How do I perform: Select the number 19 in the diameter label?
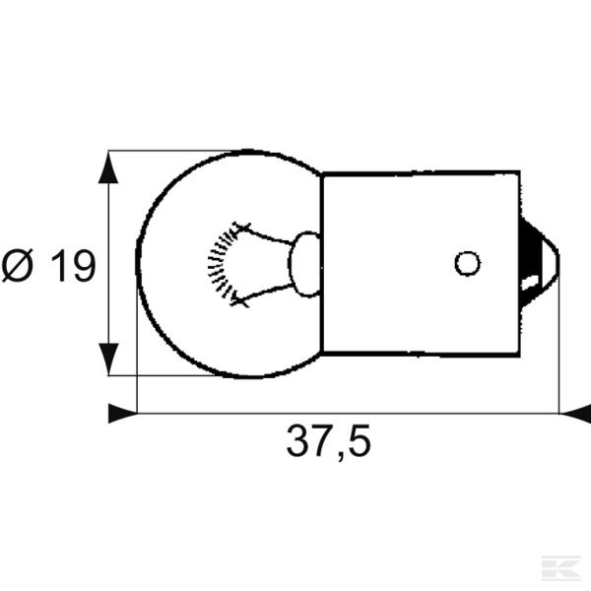click(71, 266)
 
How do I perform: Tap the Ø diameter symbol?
click(20, 266)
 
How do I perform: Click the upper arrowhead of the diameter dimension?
click(108, 167)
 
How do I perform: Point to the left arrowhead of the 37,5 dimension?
click(121, 414)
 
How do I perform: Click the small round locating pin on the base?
click(467, 263)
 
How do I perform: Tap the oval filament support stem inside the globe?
click(306, 263)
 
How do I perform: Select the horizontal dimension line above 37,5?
click(345, 414)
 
